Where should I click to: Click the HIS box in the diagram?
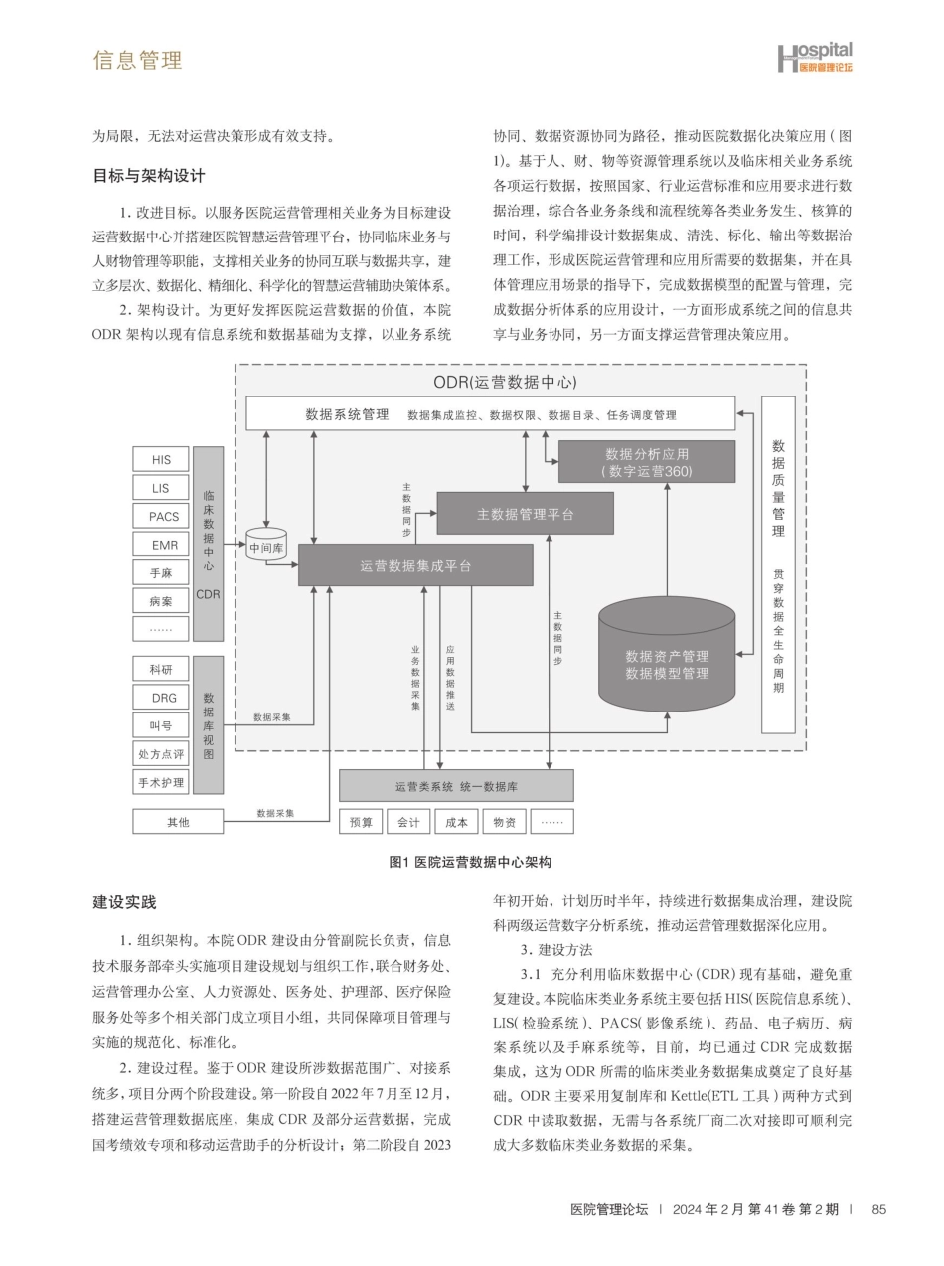pos(161,460)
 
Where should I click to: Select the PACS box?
pos(161,516)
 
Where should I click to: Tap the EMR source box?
pos(161,545)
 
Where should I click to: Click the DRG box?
pos(161,698)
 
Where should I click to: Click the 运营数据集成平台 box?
pos(415,565)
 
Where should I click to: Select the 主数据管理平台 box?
pos(525,514)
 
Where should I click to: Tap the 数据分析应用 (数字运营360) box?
pos(646,462)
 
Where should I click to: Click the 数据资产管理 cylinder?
pos(667,664)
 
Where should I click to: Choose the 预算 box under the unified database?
pos(361,822)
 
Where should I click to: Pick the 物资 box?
pos(504,822)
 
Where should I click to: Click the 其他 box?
pos(178,822)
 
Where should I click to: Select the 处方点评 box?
pos(161,754)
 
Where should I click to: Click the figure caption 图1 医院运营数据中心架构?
pos(470,862)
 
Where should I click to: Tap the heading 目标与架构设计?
pos(149,176)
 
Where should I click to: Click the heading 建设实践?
pos(124,902)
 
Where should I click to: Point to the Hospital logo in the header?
pos(814,57)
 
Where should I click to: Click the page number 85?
pos(878,1209)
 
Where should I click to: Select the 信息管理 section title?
pos(137,60)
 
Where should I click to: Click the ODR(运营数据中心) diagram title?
pos(505,382)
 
